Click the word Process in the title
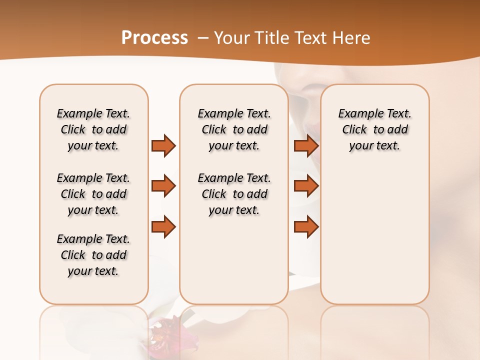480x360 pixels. click(x=154, y=38)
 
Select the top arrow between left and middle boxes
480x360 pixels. click(x=163, y=145)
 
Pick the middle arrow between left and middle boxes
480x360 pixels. click(x=163, y=186)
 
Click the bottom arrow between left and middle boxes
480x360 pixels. click(x=163, y=226)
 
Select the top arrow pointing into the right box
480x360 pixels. click(x=306, y=145)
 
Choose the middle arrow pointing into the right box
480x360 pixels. click(x=306, y=186)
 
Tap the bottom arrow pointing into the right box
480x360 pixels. click(x=306, y=226)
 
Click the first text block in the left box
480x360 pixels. click(x=93, y=129)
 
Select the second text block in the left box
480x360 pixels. click(x=93, y=194)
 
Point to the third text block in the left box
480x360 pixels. click(x=93, y=255)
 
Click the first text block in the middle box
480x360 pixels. click(x=234, y=129)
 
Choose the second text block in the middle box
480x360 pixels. click(x=234, y=194)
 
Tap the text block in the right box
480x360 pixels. click(x=375, y=129)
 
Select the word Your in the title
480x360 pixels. click(x=231, y=38)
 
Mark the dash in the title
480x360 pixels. click(x=202, y=38)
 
